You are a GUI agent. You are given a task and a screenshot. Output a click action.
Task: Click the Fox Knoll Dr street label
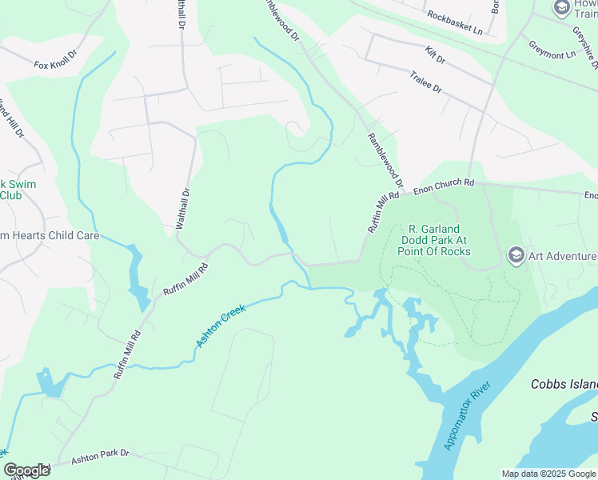(54, 60)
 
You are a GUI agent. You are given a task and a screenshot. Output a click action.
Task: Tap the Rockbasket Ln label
(455, 22)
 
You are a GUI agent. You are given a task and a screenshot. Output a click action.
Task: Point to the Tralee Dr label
(425, 82)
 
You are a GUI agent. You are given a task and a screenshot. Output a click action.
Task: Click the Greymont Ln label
(552, 50)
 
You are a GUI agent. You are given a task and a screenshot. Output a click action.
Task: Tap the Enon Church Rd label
(444, 186)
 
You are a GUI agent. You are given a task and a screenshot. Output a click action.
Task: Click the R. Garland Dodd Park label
(434, 239)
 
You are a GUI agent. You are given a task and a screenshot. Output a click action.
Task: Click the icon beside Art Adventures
(516, 256)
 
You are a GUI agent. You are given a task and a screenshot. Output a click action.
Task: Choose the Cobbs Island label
(564, 384)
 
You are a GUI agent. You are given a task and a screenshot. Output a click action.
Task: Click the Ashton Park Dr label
(100, 455)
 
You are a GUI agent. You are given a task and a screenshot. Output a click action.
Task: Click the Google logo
(26, 470)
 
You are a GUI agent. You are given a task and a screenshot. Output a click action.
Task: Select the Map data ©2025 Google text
(548, 474)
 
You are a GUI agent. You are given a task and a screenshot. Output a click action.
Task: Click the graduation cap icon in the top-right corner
(561, 8)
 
